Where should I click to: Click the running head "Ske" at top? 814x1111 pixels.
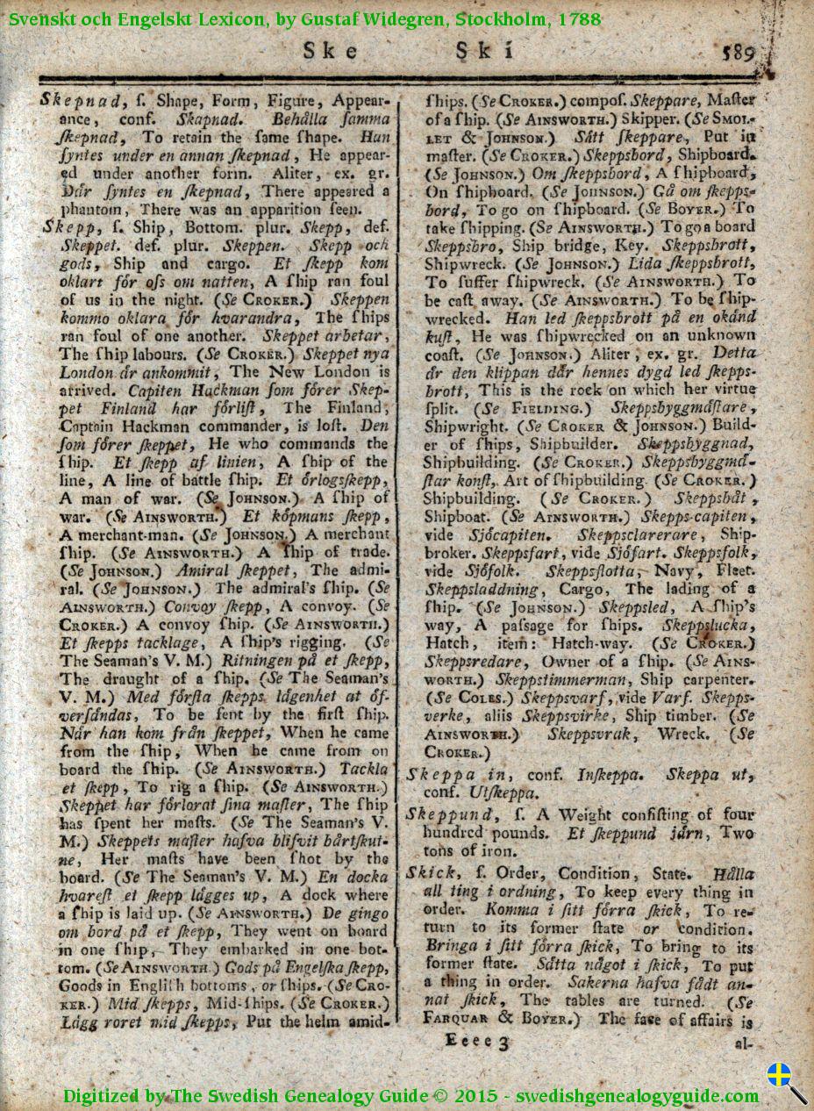click(330, 52)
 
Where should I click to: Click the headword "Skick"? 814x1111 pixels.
click(431, 873)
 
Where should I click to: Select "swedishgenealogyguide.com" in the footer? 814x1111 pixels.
click(638, 1095)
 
